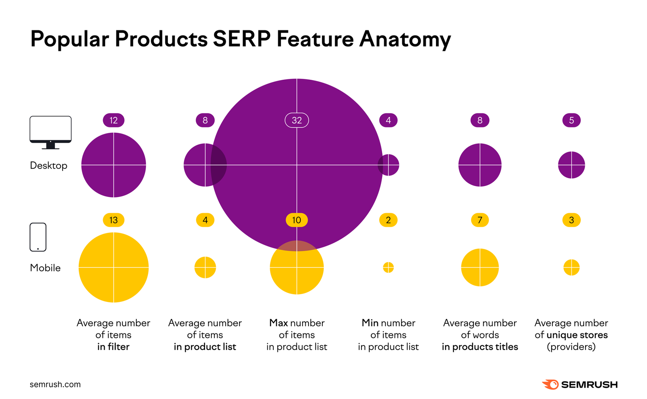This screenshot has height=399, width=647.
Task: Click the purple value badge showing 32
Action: point(297,120)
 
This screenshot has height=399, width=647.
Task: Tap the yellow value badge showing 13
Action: point(114,220)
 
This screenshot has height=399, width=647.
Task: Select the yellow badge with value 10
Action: point(297,220)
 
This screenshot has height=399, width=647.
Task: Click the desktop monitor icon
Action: point(51,132)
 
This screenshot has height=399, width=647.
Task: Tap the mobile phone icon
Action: point(38,237)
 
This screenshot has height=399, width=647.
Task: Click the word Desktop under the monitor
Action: point(49,166)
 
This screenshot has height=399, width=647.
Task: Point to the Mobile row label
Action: point(45,268)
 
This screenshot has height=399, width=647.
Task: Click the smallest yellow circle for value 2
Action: point(388,267)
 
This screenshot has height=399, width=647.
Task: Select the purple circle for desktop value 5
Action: point(571,165)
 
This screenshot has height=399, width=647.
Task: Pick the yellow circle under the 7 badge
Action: point(480,267)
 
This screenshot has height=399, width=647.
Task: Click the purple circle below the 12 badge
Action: point(114,165)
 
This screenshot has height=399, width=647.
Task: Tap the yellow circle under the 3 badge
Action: point(571,267)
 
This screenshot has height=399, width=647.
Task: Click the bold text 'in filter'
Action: point(113,347)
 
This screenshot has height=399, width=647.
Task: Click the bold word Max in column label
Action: point(279,323)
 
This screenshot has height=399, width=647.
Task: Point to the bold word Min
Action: point(370,323)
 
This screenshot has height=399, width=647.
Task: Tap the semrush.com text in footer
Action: point(55,384)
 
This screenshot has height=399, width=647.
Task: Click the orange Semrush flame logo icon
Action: point(550,384)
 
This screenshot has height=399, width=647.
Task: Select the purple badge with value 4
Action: point(388,120)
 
